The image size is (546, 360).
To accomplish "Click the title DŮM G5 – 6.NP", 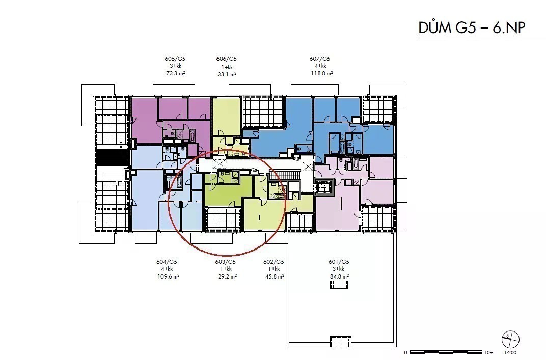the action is pos(472,27).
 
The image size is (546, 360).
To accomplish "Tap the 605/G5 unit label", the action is pos(175,59).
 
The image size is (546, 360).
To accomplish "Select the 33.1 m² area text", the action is pos(227,74).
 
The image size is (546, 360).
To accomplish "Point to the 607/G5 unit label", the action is pos(320,59).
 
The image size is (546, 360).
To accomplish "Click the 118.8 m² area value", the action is pos(322,73).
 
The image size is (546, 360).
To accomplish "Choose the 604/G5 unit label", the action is pos(167,261).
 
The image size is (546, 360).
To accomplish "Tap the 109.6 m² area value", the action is pos(168,276).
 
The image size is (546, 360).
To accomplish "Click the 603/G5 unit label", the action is pos(225,261).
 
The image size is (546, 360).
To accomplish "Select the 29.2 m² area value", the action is pos(227,276).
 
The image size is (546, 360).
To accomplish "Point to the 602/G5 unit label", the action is pos(274,261).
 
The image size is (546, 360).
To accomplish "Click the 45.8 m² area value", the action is pos(275,276).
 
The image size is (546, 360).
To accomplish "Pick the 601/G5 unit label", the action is pos(339,261).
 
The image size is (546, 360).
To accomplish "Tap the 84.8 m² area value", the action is pos(340,276).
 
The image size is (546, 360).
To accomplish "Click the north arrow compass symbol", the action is pos(510,339).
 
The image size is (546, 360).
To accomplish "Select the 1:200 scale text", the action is pos(510,353).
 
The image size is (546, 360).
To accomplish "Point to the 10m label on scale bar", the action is pos(488,353).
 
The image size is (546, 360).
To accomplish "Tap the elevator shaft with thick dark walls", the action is pos(324,188).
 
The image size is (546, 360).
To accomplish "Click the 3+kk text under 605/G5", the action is pos(176,66).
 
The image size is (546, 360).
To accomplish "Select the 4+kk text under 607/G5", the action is pos(320,66).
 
